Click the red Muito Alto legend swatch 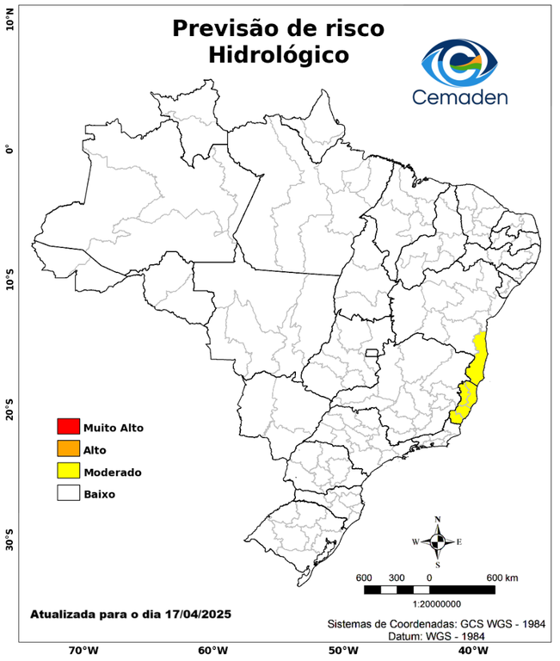coord(68,427)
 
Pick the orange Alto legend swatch coord(68,449)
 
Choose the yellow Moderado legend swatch coord(68,472)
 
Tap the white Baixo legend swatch coord(68,494)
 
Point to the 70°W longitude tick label coord(83,650)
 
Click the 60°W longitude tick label coord(212,650)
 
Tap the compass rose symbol coord(438,541)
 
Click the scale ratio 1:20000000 coord(430,604)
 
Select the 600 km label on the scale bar coord(502,577)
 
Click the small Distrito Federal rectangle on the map coord(372,352)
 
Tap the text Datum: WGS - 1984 coord(430,635)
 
